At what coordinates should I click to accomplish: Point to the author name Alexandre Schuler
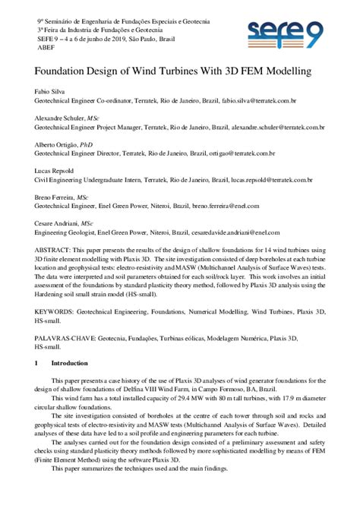click(60, 119)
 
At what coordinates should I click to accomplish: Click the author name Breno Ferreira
click(57, 198)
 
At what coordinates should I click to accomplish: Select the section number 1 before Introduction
click(37, 364)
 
